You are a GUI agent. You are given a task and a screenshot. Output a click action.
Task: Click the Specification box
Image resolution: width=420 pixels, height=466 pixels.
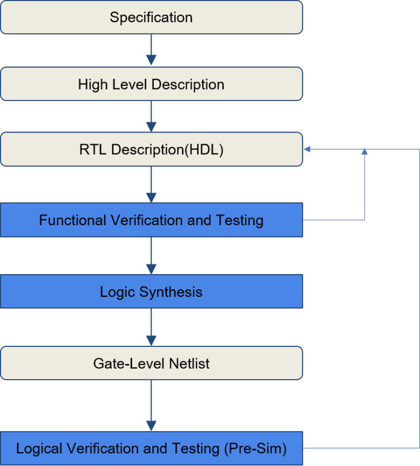coord(151,17)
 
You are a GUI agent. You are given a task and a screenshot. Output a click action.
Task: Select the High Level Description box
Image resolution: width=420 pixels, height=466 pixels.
coord(151,84)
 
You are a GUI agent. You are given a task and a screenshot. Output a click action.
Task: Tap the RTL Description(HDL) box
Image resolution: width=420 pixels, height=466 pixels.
coord(151,150)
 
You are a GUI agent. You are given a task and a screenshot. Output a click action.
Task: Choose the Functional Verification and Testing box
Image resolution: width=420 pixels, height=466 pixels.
coord(151,220)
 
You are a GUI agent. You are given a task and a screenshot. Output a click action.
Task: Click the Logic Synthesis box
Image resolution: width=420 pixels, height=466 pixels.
coord(151,291)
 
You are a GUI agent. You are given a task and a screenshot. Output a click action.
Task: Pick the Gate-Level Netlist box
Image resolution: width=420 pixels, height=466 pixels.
coord(151,363)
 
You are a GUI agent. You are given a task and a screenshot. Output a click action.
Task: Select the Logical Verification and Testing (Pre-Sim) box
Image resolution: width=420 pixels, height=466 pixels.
coord(151,449)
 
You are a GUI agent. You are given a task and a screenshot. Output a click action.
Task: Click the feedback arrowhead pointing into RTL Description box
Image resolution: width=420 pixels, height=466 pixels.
coord(308,149)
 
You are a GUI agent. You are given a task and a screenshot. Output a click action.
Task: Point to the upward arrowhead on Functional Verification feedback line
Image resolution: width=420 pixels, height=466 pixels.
coord(365,152)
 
